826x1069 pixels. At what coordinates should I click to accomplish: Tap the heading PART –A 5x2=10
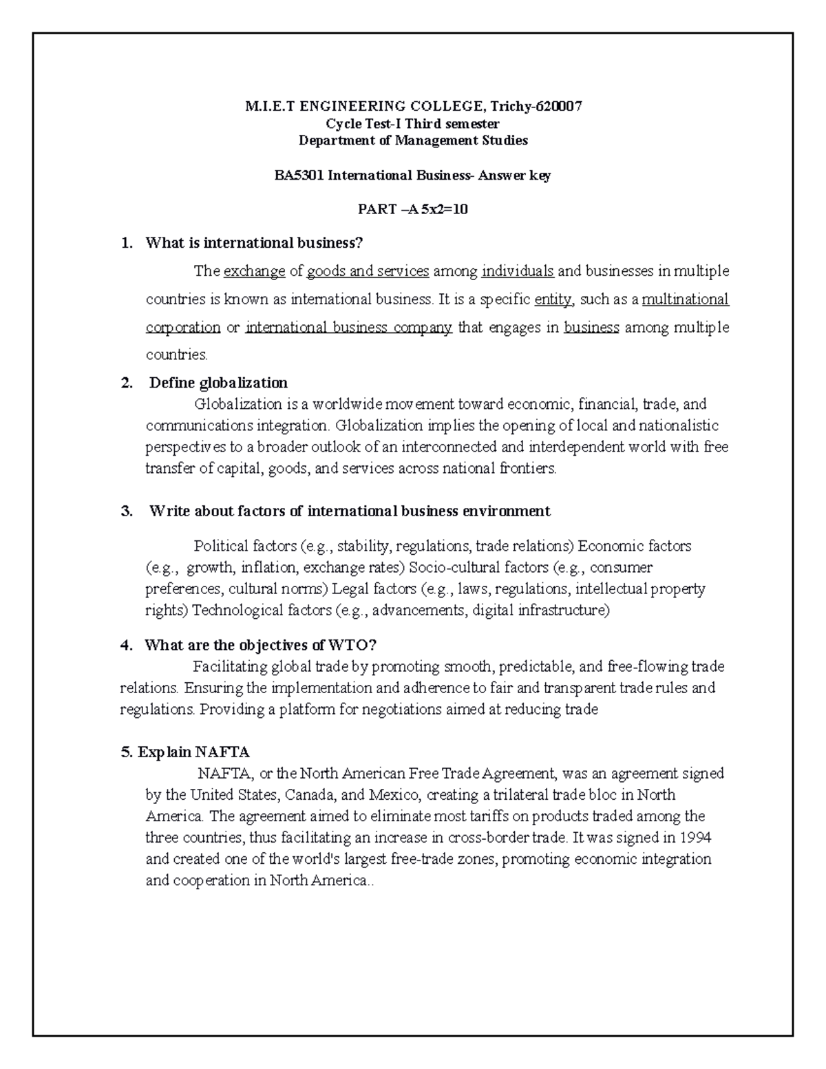[412, 209]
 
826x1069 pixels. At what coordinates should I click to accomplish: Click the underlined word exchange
[255, 271]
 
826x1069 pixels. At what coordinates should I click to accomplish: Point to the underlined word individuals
[518, 271]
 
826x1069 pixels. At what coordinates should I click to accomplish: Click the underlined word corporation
[183, 328]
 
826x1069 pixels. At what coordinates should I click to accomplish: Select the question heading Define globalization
[218, 383]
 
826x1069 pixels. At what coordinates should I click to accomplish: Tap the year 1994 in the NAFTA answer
[695, 838]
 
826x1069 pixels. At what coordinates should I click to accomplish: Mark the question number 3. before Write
[126, 511]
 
